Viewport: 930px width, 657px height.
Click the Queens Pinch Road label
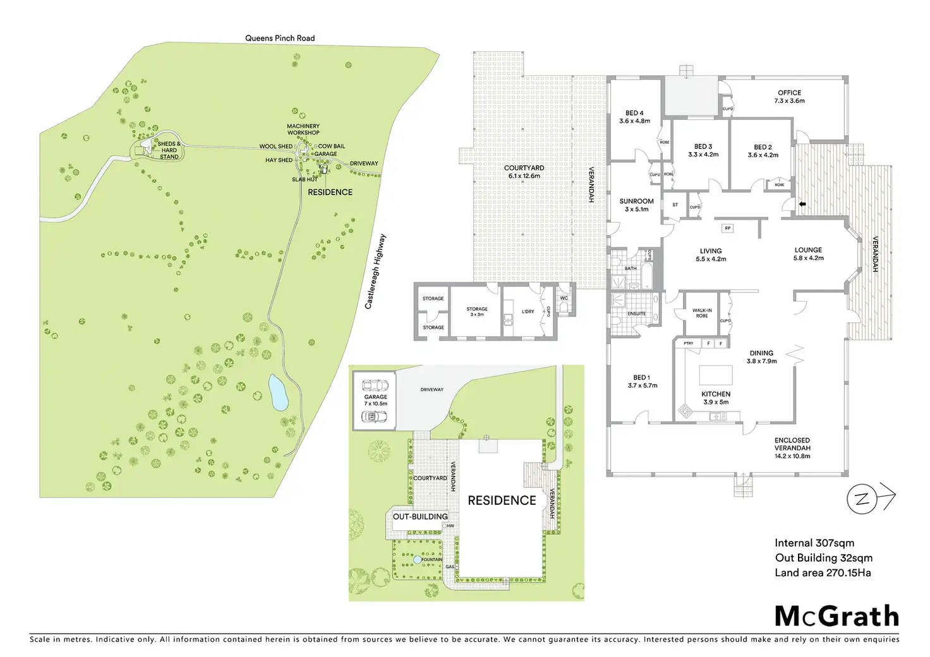coord(280,38)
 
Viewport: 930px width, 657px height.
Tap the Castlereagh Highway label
coord(375,271)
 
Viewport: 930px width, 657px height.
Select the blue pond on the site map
coord(278,392)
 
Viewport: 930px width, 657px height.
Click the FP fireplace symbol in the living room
coord(727,228)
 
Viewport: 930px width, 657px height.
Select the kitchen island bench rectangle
coord(715,375)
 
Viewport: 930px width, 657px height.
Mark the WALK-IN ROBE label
coord(702,313)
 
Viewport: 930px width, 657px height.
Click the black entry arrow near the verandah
coord(802,204)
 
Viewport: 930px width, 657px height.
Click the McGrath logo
coord(836,617)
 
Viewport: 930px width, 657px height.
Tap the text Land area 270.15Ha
coord(823,573)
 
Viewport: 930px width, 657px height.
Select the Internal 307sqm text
coord(814,543)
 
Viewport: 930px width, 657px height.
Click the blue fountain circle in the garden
coord(417,560)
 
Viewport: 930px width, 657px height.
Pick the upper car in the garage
coord(375,386)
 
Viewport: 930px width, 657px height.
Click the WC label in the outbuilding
coord(564,299)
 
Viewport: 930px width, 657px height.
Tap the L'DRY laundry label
coord(528,312)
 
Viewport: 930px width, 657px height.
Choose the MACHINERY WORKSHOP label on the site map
coord(303,129)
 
